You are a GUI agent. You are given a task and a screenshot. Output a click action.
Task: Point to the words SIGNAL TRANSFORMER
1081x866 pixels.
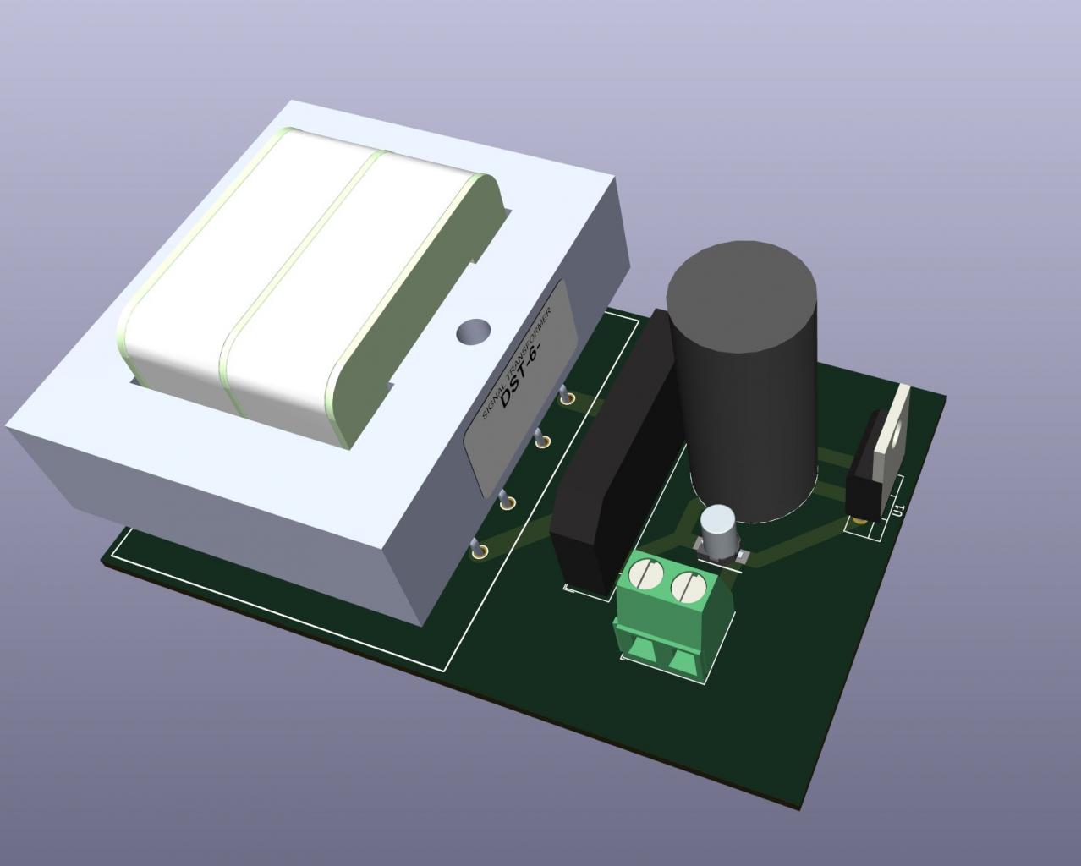[517, 362]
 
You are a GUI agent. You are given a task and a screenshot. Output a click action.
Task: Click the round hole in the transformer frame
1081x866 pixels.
[473, 332]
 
